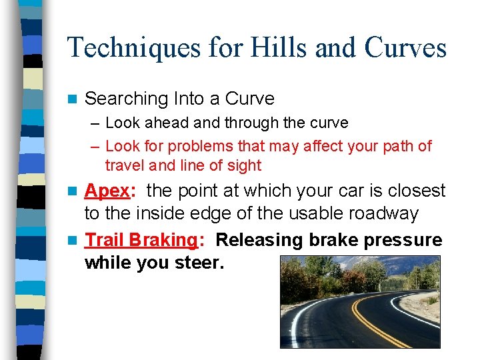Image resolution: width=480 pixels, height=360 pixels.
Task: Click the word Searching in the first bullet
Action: (x=127, y=99)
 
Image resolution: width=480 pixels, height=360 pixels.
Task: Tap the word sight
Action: (x=242, y=165)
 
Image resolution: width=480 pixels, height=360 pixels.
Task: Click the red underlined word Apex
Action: (x=107, y=191)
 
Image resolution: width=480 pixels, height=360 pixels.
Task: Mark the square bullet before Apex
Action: (x=74, y=191)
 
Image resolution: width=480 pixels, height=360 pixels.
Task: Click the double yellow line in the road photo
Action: (x=373, y=320)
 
